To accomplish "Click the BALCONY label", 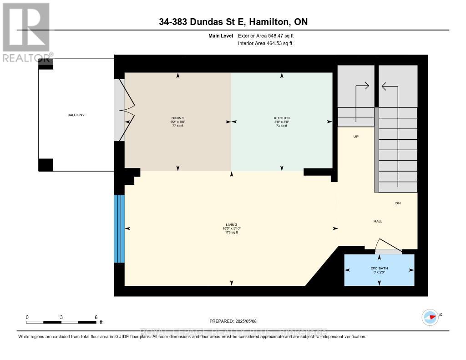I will (76, 115).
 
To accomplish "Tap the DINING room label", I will (177, 118).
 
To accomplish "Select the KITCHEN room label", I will (282, 118).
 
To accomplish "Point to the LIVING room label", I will (232, 225).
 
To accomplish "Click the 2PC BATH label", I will (379, 269).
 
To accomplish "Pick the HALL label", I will (378, 221).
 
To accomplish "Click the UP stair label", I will (356, 136).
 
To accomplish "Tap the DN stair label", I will (398, 203).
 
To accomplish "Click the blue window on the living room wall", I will (119, 228).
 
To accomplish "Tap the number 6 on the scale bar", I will (96, 317).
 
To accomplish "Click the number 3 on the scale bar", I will (61, 317).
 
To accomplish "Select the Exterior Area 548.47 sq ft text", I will (269, 35).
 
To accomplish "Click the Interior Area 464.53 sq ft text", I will (265, 44).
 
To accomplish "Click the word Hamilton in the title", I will (272, 22).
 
